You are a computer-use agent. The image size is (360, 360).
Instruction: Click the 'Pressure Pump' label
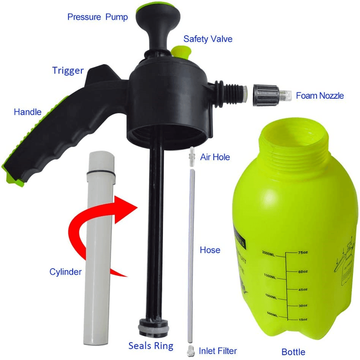pyautogui.click(x=97, y=17)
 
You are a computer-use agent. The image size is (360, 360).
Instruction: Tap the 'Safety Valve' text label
pyautogui.click(x=208, y=39)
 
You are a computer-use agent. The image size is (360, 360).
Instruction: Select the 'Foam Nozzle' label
pyautogui.click(x=320, y=96)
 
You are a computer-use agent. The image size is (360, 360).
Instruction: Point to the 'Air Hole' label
pyautogui.click(x=215, y=157)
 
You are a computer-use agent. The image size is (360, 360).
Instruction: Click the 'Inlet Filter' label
pyautogui.click(x=218, y=350)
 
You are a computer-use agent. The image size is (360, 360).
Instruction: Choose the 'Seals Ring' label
pyautogui.click(x=151, y=345)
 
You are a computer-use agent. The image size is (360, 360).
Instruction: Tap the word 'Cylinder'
pyautogui.click(x=65, y=272)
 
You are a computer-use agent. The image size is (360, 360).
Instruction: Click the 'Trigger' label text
pyautogui.click(x=68, y=71)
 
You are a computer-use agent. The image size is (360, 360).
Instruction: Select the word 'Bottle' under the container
pyautogui.click(x=293, y=352)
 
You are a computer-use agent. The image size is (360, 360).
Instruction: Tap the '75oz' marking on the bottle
pyautogui.click(x=303, y=253)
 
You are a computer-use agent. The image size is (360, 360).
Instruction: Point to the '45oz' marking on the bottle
pyautogui.click(x=303, y=289)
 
